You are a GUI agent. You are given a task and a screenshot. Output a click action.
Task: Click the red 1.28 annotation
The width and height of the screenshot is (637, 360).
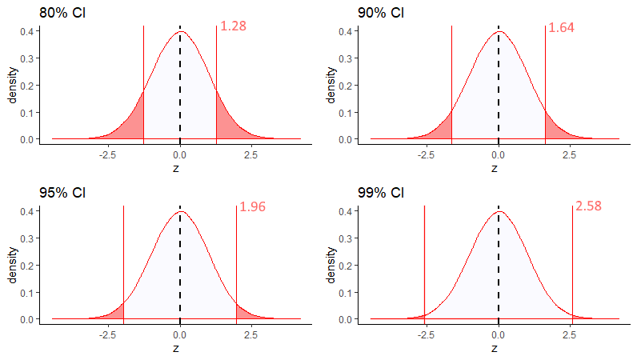(233, 26)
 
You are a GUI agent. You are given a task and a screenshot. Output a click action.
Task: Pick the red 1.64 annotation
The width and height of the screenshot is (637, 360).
(561, 27)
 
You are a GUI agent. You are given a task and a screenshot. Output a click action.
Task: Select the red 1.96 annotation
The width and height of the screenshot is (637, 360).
(252, 207)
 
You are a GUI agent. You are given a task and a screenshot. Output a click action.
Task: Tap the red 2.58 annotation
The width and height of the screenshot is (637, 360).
(588, 207)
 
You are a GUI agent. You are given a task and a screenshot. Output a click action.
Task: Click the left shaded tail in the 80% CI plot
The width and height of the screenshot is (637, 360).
(134, 124)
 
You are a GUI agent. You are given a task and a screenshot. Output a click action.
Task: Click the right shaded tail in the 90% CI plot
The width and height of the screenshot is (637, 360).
(553, 128)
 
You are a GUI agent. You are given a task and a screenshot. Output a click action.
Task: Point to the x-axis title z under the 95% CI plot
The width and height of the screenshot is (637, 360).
(176, 348)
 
